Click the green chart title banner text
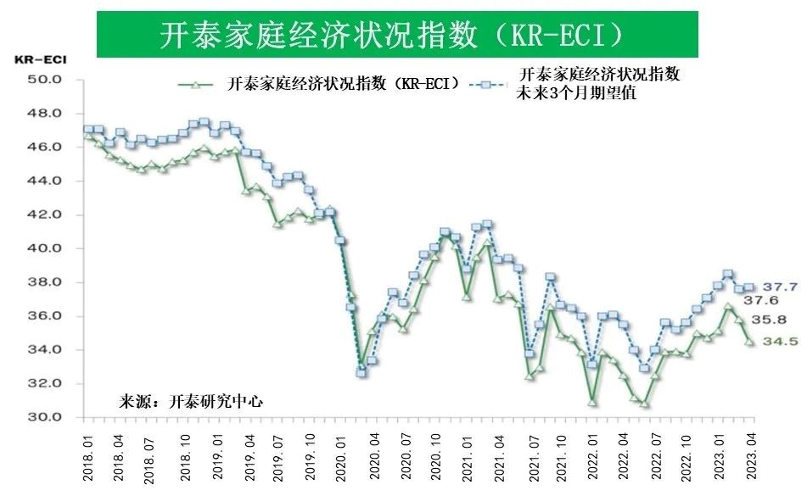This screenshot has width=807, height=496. point(396,34)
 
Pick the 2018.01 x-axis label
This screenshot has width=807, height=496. point(88,458)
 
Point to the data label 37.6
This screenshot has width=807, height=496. point(761,301)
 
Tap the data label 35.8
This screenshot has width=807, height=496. point(762,320)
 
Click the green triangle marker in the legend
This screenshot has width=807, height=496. point(195,84)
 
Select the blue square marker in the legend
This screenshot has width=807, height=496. point(485,85)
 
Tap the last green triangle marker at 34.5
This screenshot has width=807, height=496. point(748,342)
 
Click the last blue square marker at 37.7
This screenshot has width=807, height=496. point(749,288)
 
